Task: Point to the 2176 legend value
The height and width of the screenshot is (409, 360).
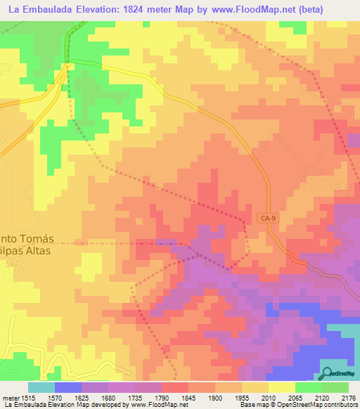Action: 347,397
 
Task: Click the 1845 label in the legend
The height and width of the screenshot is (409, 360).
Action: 188,397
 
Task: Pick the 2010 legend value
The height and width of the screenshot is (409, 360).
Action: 267,397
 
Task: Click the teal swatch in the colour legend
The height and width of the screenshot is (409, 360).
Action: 41,387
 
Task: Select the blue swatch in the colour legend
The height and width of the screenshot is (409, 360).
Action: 67,387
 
